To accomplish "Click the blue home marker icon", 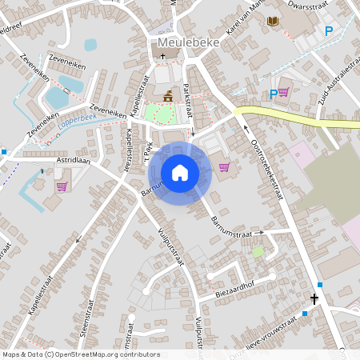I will [180, 173].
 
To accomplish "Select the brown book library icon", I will [273, 20].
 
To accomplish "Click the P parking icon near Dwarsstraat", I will [328, 31].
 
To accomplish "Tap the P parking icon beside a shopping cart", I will [274, 94].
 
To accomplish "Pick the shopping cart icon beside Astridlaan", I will [62, 186].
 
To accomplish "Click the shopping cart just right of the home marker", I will [224, 167].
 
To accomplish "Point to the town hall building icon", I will [168, 97].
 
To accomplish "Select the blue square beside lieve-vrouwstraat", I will [304, 314].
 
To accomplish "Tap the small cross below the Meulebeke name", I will [163, 57].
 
